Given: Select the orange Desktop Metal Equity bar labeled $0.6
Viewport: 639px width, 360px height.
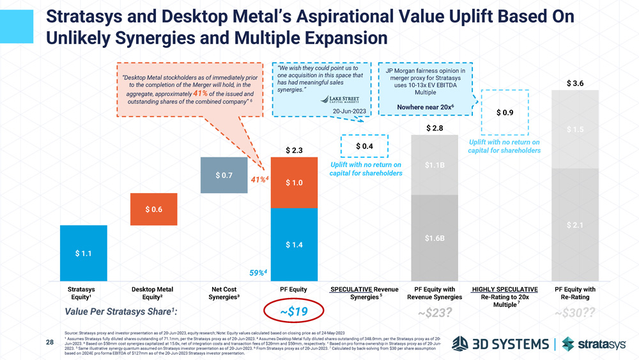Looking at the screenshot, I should pos(154,209).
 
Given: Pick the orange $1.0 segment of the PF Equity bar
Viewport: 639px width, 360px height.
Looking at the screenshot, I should pos(295,183).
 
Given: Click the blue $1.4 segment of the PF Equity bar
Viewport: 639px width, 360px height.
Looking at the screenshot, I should pos(295,245).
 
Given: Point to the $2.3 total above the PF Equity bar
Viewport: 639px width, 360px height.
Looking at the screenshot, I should pos(295,151).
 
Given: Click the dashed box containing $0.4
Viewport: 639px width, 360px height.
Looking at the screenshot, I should pos(364,146).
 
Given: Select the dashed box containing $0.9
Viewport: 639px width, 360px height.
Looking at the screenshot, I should pos(504,113).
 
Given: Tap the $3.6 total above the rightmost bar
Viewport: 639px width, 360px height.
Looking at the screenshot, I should pos(574,83).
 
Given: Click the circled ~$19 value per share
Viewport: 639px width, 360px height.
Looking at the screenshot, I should pos(294,312).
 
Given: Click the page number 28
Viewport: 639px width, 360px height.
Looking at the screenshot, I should pos(50,343).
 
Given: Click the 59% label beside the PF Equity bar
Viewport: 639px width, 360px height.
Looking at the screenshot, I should pos(258,274).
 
